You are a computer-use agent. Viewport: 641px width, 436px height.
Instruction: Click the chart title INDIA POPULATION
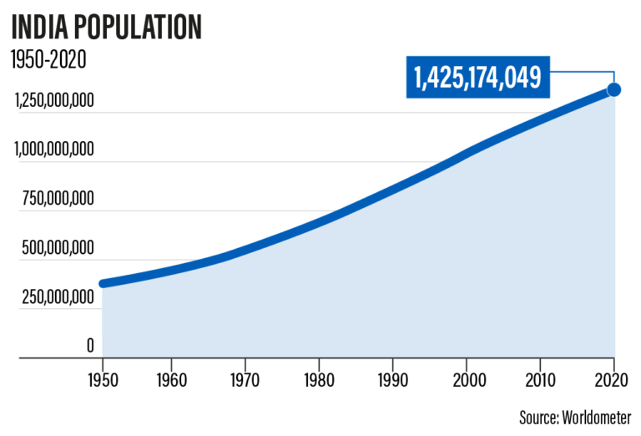[106, 27]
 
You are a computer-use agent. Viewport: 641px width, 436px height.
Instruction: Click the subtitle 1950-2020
[48, 60]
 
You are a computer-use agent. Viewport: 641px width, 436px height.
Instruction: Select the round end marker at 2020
[613, 89]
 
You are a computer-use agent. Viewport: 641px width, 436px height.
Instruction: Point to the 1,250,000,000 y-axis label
[53, 102]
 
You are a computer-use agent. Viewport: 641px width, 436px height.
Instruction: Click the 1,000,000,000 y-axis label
[53, 150]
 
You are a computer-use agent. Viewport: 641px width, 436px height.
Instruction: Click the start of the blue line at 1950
[103, 283]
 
